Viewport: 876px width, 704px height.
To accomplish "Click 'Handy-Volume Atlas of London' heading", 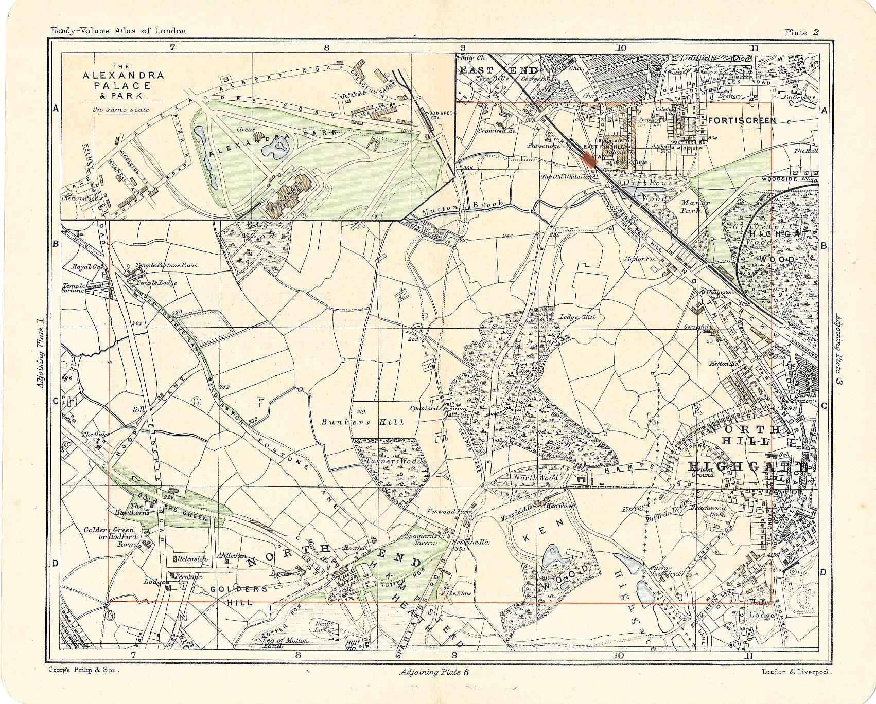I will (118, 31).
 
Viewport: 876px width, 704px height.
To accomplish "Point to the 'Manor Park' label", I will (695, 207).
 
